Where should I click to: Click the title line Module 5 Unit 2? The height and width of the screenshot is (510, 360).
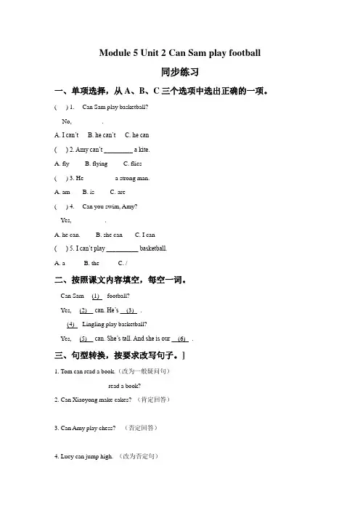pos(179,53)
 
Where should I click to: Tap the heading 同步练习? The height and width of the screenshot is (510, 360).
pos(180,73)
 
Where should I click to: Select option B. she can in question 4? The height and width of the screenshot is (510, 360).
pos(109,235)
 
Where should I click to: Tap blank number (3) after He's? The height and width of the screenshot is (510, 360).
pos(131,310)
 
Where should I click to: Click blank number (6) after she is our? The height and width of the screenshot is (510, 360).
pos(182,339)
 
